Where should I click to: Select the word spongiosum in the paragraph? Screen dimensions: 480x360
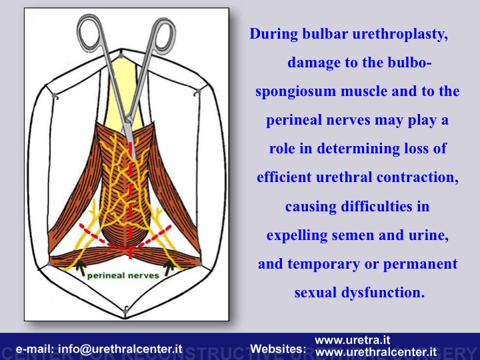point(296,92)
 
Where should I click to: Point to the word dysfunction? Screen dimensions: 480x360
point(383,293)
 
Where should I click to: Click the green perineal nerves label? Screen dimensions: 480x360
point(123,276)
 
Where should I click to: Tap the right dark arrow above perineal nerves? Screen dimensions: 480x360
point(169,267)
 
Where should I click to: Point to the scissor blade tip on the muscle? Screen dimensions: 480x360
point(133,158)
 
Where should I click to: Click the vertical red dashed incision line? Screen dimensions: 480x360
point(131,201)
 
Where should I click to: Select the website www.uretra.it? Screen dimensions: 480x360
point(353,340)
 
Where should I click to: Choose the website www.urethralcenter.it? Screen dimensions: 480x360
point(376,352)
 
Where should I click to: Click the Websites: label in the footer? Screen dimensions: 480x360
point(278,349)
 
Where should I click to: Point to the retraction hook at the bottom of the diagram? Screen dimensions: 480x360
point(125,311)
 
